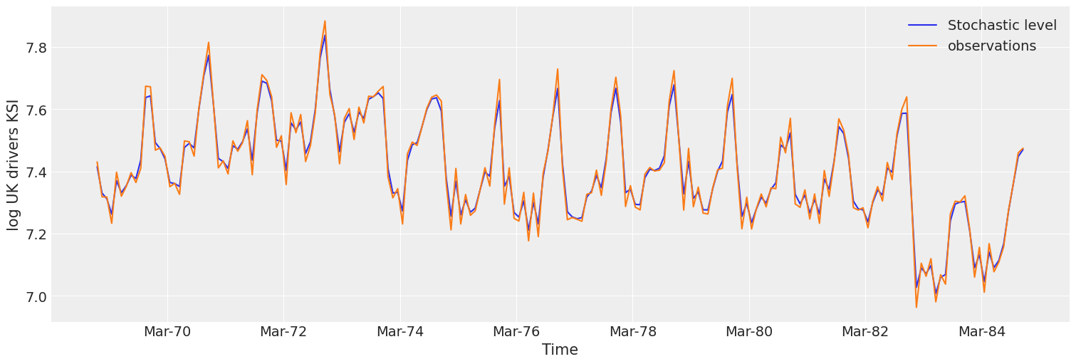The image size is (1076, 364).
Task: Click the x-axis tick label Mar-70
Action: point(167,332)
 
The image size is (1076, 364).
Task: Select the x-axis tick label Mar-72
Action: point(283,332)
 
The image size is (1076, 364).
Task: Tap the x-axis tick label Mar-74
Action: point(400,332)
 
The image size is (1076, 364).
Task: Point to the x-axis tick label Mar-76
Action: point(516,332)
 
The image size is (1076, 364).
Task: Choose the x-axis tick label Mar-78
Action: point(632,332)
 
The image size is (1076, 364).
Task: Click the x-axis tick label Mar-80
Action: point(749,332)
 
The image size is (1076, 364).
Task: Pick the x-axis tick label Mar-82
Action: point(865,332)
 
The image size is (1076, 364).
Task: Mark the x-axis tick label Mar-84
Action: point(981,332)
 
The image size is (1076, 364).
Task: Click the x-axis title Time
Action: point(560,350)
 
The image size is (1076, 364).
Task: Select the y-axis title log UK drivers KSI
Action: point(14,165)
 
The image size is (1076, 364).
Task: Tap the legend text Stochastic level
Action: point(1002,26)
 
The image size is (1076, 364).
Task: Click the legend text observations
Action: point(992,46)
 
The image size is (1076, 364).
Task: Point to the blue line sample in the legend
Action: point(922,26)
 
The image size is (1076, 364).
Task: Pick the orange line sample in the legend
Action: point(922,46)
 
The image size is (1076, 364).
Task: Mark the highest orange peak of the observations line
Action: point(325,21)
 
